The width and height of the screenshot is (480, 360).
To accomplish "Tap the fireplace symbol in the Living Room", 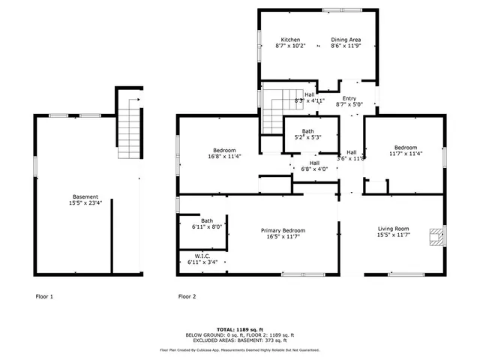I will click(436, 237).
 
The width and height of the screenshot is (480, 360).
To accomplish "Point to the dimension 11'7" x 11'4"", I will click(406, 154).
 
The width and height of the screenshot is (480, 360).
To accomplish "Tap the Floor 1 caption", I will click(45, 297).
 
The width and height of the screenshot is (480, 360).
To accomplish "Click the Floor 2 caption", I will click(187, 297).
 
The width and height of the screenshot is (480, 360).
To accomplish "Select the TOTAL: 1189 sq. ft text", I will click(239, 329).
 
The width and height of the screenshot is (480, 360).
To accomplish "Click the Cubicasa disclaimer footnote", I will click(239, 350).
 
